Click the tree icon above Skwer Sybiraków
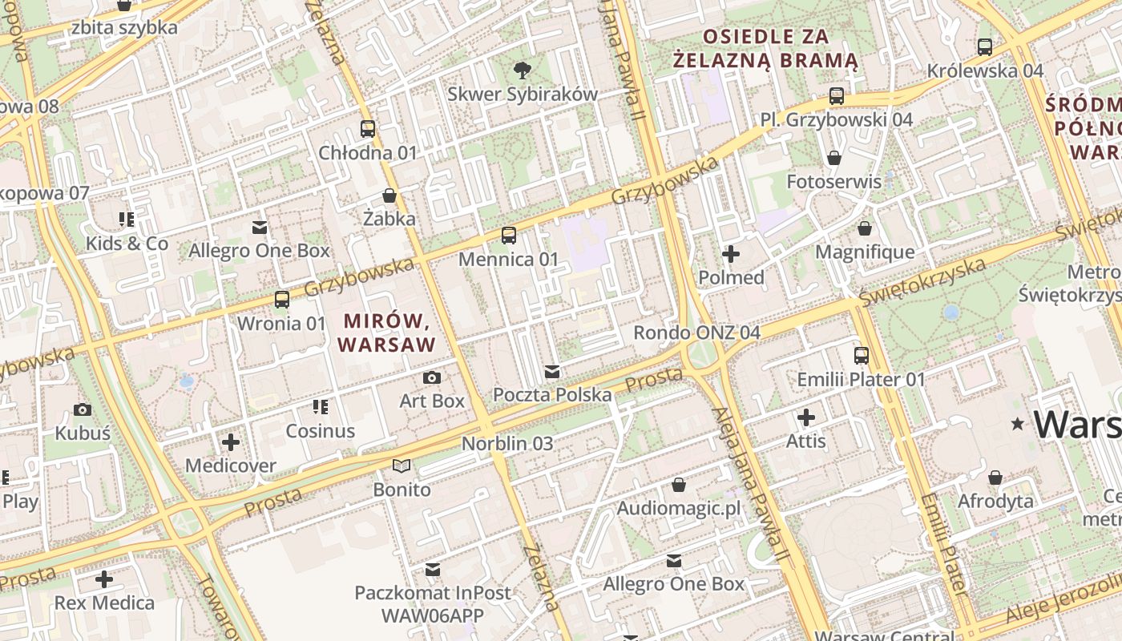(523, 70)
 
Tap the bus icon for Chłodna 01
(368, 128)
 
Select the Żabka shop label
(389, 219)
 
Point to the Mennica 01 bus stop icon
(509, 236)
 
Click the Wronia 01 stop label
(282, 324)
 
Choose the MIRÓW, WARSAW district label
(389, 333)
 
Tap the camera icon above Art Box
(432, 377)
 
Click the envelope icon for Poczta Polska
(551, 372)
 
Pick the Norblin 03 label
(507, 443)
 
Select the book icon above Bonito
(402, 466)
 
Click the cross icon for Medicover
(231, 441)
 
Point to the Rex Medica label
(104, 603)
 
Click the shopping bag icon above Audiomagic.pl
(679, 485)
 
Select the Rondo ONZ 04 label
(696, 333)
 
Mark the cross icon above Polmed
(731, 254)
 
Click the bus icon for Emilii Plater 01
(862, 356)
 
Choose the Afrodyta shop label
(995, 502)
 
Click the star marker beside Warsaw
(1018, 423)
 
